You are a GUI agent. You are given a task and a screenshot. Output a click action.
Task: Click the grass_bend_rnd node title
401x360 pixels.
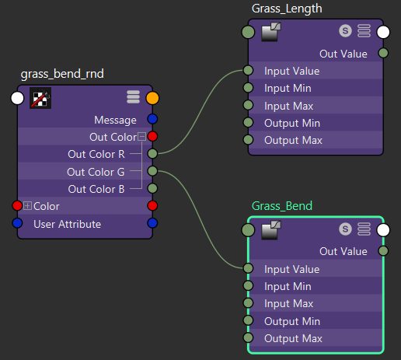click(62, 74)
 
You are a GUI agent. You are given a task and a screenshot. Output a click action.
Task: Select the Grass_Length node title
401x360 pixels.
click(287, 9)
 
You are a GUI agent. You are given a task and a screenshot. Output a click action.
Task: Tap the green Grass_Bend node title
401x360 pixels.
click(282, 206)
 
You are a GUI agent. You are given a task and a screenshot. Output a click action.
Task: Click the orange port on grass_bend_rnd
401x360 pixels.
click(152, 98)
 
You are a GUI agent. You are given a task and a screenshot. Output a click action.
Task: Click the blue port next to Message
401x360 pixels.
click(152, 119)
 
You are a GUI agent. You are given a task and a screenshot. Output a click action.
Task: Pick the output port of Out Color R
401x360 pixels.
click(152, 154)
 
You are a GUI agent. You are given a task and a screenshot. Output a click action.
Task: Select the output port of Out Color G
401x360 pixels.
click(152, 171)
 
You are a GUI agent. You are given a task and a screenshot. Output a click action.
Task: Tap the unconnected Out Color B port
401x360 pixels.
click(152, 188)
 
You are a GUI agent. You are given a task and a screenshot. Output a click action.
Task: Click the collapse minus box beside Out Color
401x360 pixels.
click(141, 137)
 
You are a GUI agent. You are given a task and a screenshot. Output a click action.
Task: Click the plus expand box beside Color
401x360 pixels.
click(27, 206)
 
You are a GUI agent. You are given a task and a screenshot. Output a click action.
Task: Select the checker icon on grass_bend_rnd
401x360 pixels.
click(40, 98)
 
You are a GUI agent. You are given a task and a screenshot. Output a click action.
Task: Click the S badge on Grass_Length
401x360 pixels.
click(345, 31)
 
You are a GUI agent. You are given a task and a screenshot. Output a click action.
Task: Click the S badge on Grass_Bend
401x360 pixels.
click(345, 229)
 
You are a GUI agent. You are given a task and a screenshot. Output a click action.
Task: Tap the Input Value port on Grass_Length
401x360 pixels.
click(248, 70)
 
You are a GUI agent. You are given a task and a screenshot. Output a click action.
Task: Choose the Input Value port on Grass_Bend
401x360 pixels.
click(248, 268)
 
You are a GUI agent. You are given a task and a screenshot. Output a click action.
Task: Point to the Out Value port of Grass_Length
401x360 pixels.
click(383, 53)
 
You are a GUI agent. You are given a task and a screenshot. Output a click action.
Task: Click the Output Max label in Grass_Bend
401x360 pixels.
click(293, 339)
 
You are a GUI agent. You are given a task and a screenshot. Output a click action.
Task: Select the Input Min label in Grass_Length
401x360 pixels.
click(288, 89)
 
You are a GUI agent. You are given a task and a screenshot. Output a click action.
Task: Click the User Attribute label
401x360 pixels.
click(68, 224)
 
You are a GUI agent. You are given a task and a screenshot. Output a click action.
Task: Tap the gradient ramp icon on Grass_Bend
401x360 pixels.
click(271, 229)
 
